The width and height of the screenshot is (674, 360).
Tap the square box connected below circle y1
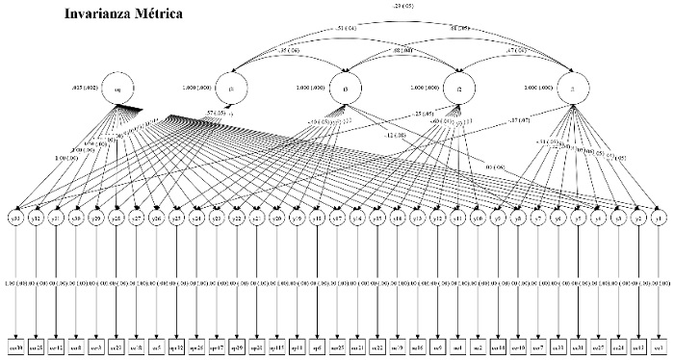click(x=658, y=344)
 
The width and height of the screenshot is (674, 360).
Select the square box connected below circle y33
click(x=16, y=344)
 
